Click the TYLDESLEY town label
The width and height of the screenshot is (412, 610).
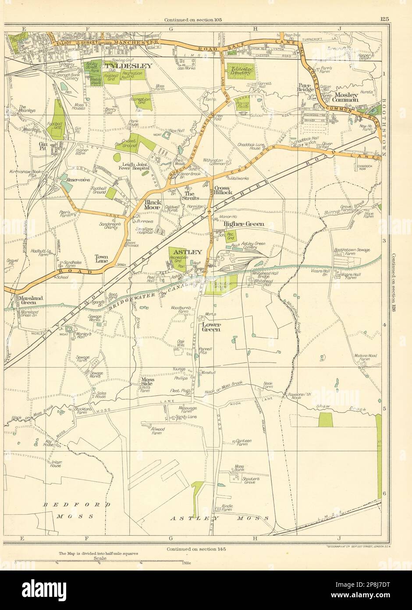128,66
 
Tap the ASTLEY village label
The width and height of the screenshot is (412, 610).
188,252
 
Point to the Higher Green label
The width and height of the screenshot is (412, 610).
244,224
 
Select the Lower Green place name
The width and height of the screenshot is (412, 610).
210,327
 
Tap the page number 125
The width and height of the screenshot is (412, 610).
385,18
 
